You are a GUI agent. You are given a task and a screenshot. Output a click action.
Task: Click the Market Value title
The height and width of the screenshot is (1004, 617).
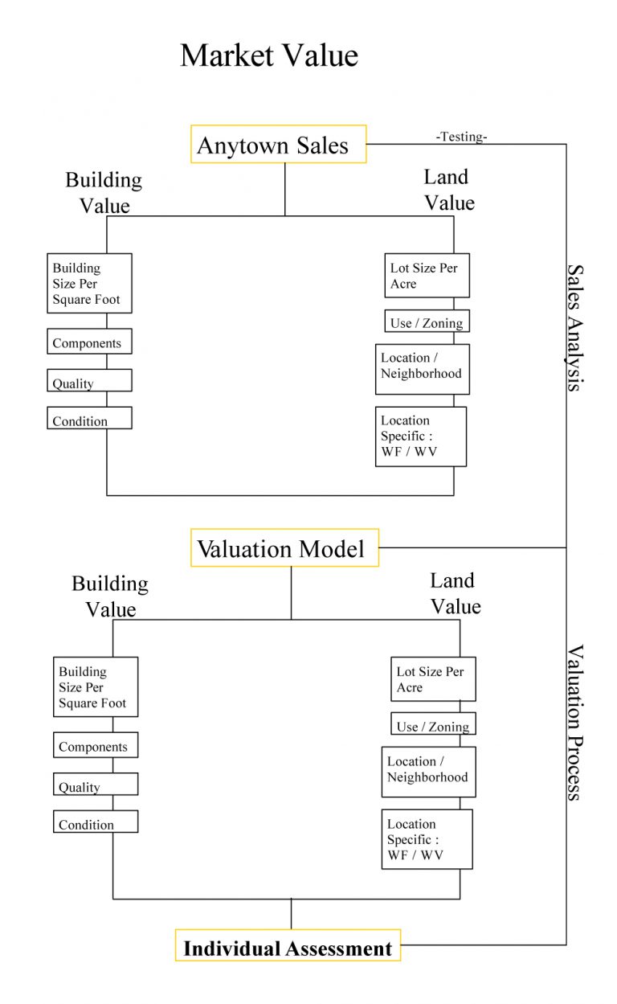(268, 55)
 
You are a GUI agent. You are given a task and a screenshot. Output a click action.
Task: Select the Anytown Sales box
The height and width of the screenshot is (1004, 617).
(279, 145)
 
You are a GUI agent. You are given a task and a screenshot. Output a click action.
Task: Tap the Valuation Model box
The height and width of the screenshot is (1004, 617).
(284, 548)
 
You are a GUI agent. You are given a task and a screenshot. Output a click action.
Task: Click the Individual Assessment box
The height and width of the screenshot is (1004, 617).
(288, 946)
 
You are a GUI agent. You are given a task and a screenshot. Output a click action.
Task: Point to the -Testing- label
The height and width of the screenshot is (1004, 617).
(461, 137)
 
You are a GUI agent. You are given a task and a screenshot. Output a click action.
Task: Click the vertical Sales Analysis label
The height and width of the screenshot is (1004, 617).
(574, 327)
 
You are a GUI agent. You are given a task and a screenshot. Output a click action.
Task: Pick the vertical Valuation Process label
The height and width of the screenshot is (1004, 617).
(574, 721)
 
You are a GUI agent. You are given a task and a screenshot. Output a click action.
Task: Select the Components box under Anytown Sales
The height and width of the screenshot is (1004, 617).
(89, 342)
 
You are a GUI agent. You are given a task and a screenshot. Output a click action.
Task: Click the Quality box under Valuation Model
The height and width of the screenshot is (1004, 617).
(96, 785)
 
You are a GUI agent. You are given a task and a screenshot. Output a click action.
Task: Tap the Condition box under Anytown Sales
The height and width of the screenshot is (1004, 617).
(89, 419)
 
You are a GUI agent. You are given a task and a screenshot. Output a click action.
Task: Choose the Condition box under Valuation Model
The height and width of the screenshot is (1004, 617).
(96, 822)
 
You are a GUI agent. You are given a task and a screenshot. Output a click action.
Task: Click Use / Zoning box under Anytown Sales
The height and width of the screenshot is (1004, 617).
(427, 322)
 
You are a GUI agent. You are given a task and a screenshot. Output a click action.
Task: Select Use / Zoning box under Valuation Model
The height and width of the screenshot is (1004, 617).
(433, 724)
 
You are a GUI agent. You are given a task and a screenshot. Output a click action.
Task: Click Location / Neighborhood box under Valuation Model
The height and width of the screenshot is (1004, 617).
(428, 771)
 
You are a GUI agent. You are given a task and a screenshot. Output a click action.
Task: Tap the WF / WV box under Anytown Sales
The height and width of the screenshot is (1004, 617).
(421, 436)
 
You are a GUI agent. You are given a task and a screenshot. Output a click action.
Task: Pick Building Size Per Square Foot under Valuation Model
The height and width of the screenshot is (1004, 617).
(96, 686)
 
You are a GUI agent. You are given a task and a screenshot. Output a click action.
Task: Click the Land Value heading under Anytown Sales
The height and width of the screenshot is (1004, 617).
(448, 190)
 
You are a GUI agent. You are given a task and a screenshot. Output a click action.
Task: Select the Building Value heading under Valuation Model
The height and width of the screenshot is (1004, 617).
(110, 596)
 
